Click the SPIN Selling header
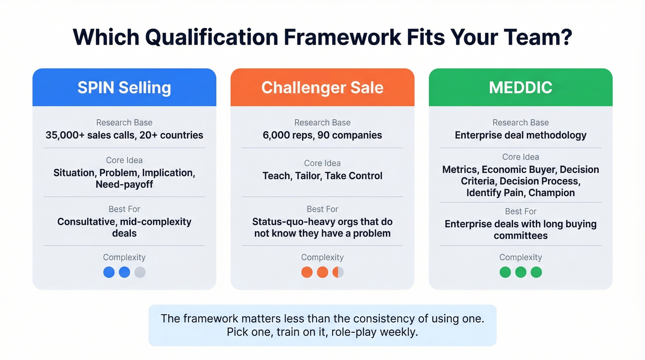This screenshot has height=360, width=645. pyautogui.click(x=124, y=88)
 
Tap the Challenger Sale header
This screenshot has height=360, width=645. pyautogui.click(x=322, y=88)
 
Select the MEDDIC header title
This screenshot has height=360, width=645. pyautogui.click(x=520, y=88)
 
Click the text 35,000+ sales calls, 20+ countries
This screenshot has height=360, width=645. pyautogui.click(x=124, y=135)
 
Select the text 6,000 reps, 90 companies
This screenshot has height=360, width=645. pyautogui.click(x=322, y=135)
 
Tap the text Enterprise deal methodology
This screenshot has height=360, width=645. pyautogui.click(x=520, y=135)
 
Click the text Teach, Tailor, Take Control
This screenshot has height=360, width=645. pyautogui.click(x=322, y=176)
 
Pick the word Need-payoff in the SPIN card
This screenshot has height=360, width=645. pyautogui.click(x=124, y=184)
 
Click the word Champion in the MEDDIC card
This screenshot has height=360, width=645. pyautogui.click(x=551, y=193)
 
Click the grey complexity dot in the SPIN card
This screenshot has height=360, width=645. pyautogui.click(x=140, y=272)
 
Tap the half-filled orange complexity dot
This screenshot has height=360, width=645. pyautogui.click(x=338, y=272)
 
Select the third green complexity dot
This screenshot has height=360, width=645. pyautogui.click(x=536, y=272)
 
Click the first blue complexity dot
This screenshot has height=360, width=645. pyautogui.click(x=109, y=272)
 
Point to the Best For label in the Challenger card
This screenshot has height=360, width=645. pyautogui.click(x=322, y=209)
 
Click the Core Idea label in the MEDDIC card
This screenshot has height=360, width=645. pyautogui.click(x=520, y=157)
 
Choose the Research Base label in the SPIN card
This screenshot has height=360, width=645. pyautogui.click(x=124, y=123)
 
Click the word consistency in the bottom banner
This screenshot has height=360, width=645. pyautogui.click(x=387, y=319)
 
